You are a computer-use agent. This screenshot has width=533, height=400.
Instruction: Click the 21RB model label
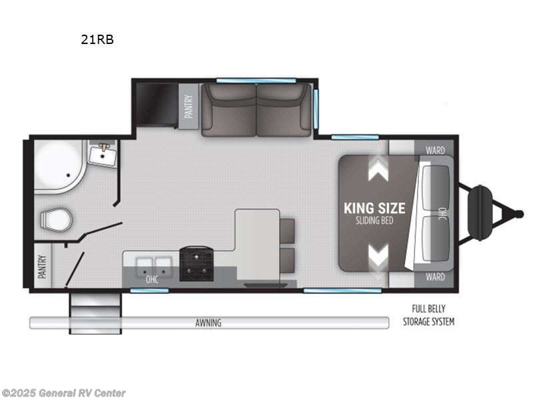click(x=97, y=39)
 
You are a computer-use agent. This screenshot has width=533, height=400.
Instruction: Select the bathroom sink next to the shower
click(x=103, y=155)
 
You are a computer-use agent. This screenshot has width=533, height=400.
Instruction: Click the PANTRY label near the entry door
click(x=42, y=267)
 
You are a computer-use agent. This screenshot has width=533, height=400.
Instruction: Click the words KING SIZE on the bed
click(x=374, y=207)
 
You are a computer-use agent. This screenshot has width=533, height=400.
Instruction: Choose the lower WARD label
click(x=434, y=277)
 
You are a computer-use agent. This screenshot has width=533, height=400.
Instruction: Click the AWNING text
click(x=209, y=323)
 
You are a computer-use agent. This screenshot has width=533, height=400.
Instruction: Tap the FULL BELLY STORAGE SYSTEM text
click(x=428, y=315)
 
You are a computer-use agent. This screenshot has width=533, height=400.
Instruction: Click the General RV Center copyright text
click(x=64, y=393)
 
